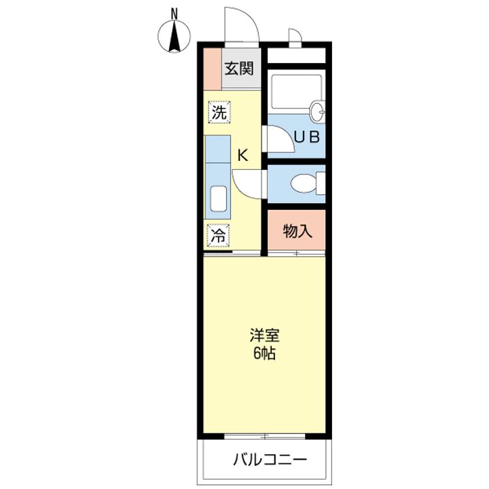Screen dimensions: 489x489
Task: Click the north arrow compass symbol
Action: [175, 36]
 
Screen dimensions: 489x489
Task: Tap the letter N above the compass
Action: [175, 12]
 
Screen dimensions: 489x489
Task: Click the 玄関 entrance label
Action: [240, 68]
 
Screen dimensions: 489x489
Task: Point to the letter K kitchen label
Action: [242, 156]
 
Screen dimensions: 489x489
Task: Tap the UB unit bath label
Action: [306, 136]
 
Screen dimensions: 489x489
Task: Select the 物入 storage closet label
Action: [297, 232]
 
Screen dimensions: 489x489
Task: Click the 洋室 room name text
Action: [264, 336]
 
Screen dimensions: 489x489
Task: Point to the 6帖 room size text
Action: [264, 354]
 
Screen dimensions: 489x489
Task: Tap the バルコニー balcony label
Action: [268, 460]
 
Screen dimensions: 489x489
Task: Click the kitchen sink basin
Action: [218, 199]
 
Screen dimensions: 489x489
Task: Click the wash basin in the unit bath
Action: [317, 111]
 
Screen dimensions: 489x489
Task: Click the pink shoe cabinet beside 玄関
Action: [212, 68]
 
